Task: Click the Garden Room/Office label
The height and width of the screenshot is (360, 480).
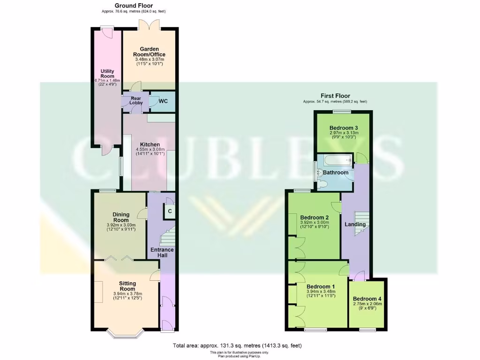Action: pos(150,52)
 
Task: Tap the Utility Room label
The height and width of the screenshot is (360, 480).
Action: pos(107,74)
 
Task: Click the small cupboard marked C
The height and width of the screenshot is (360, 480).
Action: pos(169,211)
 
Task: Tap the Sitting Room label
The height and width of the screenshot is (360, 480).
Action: pos(127,285)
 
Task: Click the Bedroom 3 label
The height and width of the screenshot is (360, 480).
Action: pos(344,128)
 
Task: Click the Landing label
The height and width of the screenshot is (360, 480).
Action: pos(355,225)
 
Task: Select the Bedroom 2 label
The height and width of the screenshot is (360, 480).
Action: pos(314,217)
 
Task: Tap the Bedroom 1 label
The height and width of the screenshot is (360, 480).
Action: pos(321,287)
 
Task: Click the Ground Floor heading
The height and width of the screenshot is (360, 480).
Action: pos(133,6)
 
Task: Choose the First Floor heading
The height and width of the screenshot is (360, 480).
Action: pos(335,96)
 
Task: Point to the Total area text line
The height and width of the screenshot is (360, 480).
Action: pos(237,345)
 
